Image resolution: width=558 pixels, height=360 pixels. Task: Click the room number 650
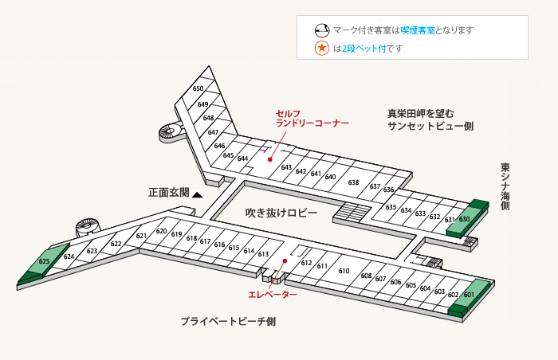[x=198, y=88]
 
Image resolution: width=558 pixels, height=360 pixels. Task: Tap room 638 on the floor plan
[x=353, y=182]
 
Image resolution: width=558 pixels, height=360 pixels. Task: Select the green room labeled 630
[x=464, y=219]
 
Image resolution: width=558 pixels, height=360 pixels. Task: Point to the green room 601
[x=469, y=295]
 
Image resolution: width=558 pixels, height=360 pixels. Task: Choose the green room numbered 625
[x=44, y=261]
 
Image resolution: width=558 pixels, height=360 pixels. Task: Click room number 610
[x=344, y=271]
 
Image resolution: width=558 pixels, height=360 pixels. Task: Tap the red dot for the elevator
[x=285, y=261]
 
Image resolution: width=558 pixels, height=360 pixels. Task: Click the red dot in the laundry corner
[x=270, y=160]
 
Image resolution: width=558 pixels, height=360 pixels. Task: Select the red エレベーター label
[x=273, y=295]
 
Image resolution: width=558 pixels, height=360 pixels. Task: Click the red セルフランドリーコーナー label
[x=312, y=119]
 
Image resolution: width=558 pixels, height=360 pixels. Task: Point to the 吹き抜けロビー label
[x=281, y=213]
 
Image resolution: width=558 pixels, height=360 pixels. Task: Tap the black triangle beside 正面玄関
[x=198, y=194]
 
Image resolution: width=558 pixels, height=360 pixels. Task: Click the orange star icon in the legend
[x=322, y=48]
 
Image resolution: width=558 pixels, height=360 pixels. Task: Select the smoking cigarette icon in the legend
[x=322, y=30]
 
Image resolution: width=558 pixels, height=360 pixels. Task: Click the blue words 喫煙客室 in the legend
[x=418, y=30]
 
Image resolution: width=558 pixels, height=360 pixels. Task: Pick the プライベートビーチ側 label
[x=228, y=321]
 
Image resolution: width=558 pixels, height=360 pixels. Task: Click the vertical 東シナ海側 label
[x=505, y=186]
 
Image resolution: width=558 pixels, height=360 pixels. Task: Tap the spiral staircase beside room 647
[x=171, y=132]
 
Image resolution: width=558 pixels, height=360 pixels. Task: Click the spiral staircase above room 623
[x=88, y=227]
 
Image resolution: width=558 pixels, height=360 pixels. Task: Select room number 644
[x=242, y=158]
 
